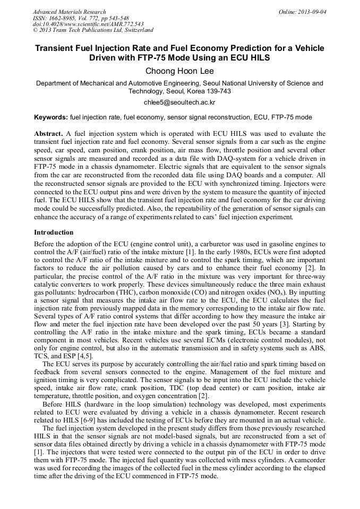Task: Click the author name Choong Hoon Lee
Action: (179, 71)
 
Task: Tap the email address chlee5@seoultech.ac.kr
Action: (179, 102)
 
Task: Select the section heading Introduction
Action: (54, 232)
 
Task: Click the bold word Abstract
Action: (48, 133)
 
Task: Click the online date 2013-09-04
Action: (312, 12)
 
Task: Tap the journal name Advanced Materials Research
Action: (69, 12)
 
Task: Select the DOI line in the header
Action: (88, 24)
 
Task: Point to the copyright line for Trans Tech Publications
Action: (93, 31)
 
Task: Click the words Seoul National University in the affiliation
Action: (244, 83)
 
